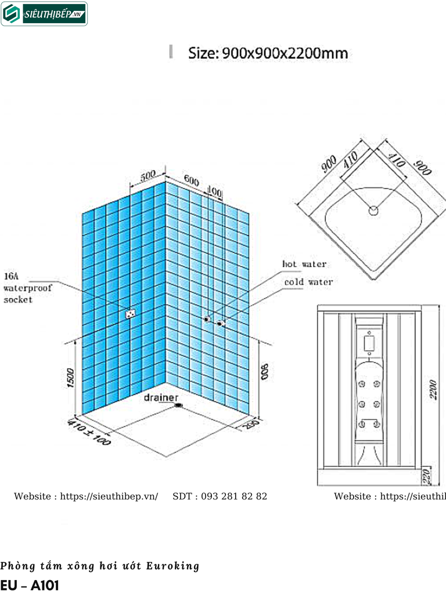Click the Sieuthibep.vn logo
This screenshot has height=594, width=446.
click(x=44, y=14)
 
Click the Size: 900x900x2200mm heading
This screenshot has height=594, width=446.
click(x=268, y=53)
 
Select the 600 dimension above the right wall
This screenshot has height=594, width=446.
click(x=192, y=180)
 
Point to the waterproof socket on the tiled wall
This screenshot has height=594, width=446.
click(x=130, y=314)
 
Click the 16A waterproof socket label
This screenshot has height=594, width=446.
click(x=27, y=287)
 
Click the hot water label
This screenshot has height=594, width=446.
click(x=304, y=264)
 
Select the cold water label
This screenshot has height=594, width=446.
click(x=308, y=282)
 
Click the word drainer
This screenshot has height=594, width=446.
click(x=161, y=399)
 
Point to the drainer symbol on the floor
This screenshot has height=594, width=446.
click(x=178, y=406)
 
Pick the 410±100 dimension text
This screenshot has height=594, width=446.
click(x=89, y=433)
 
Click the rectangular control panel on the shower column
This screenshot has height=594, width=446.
click(x=368, y=343)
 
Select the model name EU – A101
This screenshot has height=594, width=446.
click(x=30, y=584)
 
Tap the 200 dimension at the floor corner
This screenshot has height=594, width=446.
click(x=251, y=425)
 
